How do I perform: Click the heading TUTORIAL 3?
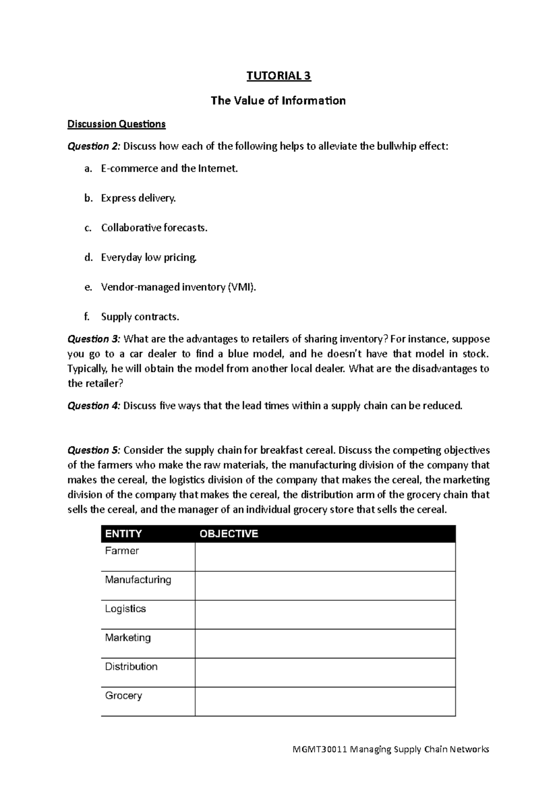coord(278,76)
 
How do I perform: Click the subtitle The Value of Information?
coord(278,101)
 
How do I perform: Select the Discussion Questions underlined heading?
coord(117,124)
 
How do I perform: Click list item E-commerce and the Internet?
coord(169,168)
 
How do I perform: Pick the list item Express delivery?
coord(138,198)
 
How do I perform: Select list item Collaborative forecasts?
coord(154,228)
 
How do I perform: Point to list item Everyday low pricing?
coord(149,258)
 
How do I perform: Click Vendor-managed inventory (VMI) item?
coord(178,287)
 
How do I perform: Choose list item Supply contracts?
coord(140,317)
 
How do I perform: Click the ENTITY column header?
coord(123,534)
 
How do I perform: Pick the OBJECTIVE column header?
coord(228,534)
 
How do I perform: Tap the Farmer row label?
coord(122,551)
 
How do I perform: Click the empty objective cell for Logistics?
coord(325,614)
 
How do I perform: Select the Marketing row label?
coord(128,638)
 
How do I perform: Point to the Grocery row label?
coord(123,696)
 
